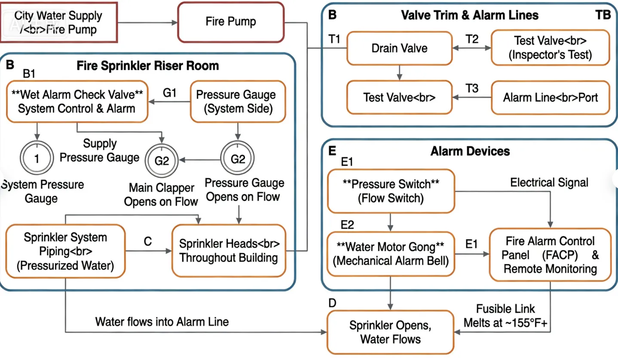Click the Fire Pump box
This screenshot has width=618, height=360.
point(231,22)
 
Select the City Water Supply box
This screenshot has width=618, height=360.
point(58,22)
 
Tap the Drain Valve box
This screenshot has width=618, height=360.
point(399,48)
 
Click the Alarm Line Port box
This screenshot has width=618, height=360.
point(550,97)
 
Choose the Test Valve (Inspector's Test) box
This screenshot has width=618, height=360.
point(550,48)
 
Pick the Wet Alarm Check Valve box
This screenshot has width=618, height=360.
point(77,101)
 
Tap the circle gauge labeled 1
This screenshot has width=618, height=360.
point(37,159)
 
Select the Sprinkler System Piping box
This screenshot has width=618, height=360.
point(65,252)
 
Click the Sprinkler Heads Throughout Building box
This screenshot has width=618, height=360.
point(229,251)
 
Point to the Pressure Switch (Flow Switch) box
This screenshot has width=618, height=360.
point(391,191)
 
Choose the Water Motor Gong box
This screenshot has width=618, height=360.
point(391,254)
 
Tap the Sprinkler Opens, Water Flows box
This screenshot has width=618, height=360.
point(391,332)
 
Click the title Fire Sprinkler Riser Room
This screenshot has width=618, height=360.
point(148,66)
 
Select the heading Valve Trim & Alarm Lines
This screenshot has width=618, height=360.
point(469,15)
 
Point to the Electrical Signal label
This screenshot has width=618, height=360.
point(549,182)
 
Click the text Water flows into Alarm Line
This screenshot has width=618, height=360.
point(162,322)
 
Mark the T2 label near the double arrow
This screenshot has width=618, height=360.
point(472,40)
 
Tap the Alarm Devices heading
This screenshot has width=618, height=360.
point(470,151)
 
